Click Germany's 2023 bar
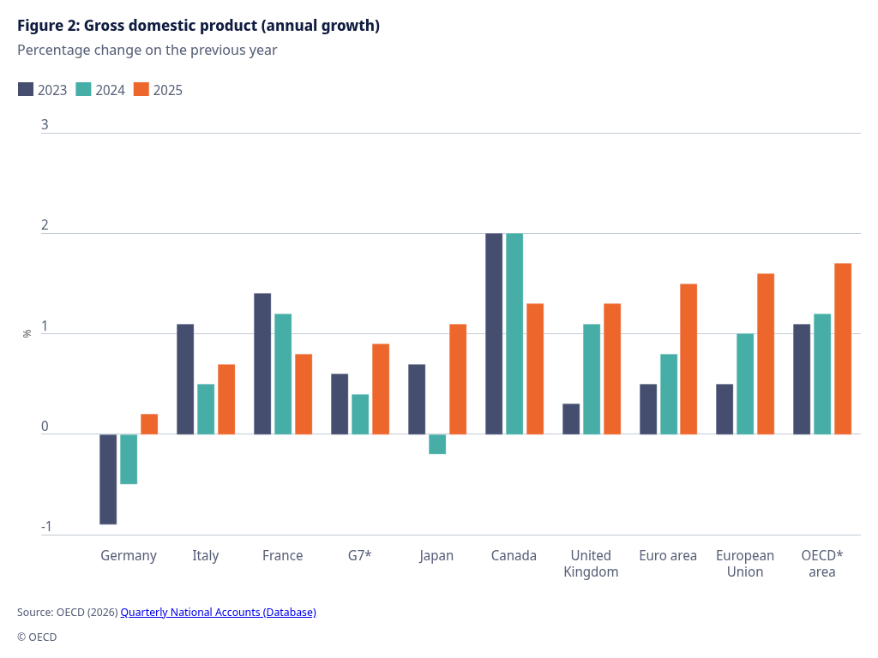108,479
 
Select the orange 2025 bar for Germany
149,424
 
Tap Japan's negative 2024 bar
437,444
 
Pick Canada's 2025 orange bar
535,368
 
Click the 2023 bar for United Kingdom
571,419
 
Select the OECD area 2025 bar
843,349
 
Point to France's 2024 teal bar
283,374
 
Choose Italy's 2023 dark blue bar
185,379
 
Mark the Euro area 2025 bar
689,359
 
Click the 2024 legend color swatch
84,89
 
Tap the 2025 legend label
168,90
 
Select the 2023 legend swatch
26,89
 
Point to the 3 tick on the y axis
45,125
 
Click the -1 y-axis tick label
46,527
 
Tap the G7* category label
360,555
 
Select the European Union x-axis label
745,564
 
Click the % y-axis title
27,333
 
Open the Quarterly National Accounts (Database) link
218,612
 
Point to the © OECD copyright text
37,637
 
